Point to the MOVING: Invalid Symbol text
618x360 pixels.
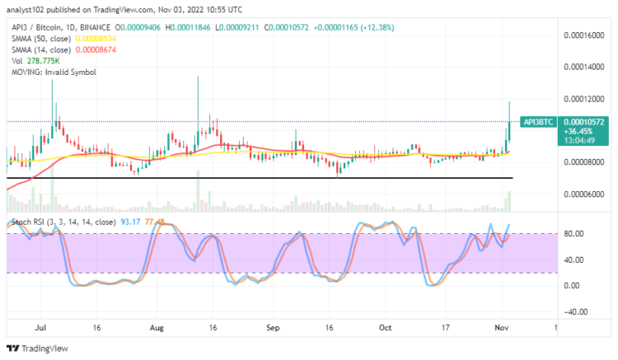click(45, 72)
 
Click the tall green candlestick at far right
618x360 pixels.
click(509, 124)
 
